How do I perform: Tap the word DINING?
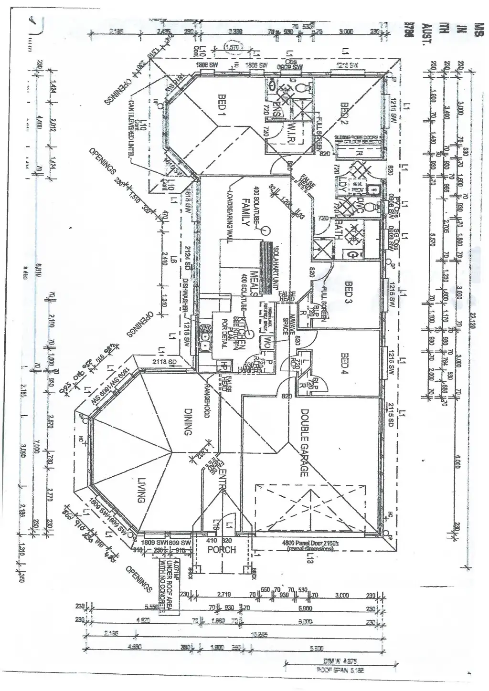188,421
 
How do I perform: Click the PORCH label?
222,550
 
